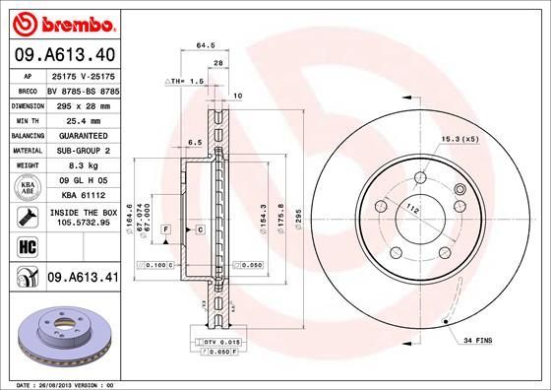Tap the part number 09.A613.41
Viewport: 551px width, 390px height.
pyautogui.click(x=83, y=279)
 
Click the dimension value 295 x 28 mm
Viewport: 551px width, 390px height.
pyautogui.click(x=83, y=103)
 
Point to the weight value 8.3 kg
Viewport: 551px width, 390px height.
pyautogui.click(x=83, y=166)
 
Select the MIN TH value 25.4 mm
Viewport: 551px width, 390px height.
pyautogui.click(x=83, y=119)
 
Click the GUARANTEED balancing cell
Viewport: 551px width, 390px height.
pyautogui.click(x=83, y=135)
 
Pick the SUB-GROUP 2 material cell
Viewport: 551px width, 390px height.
pyautogui.click(x=83, y=151)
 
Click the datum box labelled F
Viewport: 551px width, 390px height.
pyautogui.click(x=166, y=229)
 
